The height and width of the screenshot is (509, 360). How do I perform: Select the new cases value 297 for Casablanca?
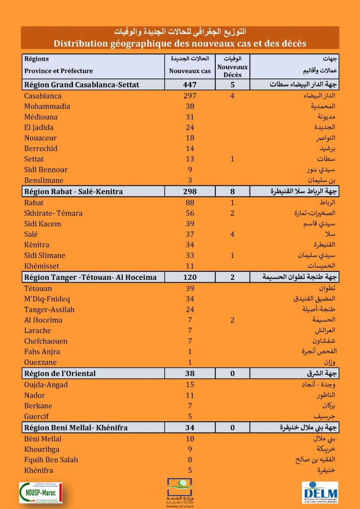189,95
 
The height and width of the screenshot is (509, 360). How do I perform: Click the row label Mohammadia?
47,106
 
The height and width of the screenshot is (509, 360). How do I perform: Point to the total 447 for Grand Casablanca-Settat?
189,85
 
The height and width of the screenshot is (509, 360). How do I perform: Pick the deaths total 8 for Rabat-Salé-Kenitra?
232,191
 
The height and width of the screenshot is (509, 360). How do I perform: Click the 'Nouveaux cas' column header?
189,71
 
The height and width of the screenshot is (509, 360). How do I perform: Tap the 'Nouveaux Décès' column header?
232,71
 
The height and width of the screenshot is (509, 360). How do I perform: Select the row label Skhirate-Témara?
53,213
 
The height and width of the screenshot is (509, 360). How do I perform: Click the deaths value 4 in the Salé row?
232,234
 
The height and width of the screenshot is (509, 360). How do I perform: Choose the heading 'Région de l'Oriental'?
60,373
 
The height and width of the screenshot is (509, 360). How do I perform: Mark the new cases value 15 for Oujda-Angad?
189,384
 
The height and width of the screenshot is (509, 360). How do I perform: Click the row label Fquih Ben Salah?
51,459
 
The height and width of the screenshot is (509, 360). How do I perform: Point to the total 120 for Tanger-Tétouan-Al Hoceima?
189,277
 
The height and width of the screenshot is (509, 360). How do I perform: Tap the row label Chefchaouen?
46,341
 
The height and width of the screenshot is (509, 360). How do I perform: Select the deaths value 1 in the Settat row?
232,159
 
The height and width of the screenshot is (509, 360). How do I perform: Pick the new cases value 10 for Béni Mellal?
189,438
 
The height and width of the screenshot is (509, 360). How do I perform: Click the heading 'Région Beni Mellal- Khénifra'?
76,427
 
